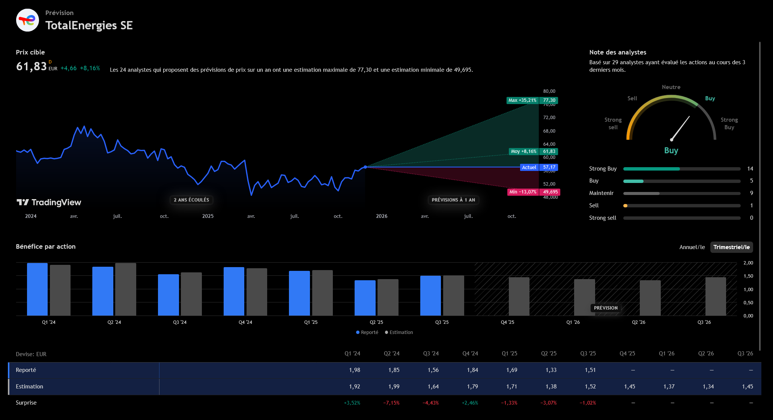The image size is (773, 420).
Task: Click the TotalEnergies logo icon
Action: (27, 20)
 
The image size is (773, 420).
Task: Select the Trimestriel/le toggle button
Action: (731, 247)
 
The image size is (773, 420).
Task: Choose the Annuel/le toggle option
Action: (692, 247)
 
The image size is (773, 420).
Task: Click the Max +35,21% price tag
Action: (522, 100)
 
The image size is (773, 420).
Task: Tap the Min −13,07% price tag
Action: (523, 192)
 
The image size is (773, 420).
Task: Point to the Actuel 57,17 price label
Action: (539, 167)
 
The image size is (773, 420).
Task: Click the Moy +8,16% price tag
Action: (523, 151)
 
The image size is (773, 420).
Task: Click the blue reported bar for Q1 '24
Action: (37, 289)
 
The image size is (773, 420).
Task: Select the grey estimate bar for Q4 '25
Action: (519, 296)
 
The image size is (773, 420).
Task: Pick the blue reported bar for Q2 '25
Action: (365, 298)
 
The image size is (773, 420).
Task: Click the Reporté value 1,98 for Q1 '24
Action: (354, 370)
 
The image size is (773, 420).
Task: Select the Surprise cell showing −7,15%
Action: (391, 403)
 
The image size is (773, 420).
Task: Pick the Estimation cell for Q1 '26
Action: (669, 387)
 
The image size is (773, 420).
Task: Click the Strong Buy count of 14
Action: (750, 169)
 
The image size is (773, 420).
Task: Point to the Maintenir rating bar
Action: (681, 193)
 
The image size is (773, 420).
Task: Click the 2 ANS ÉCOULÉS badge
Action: (191, 200)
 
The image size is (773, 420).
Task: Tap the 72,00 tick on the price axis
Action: (549, 118)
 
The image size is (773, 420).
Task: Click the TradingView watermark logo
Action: (49, 202)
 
